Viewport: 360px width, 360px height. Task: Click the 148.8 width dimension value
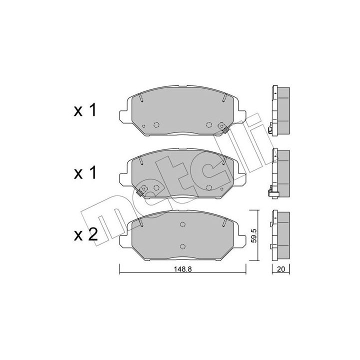coord(183,269)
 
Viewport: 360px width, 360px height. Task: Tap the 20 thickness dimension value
coord(281,269)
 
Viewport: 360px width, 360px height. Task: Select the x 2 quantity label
coord(85,234)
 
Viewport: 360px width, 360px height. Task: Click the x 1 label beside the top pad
coord(84,110)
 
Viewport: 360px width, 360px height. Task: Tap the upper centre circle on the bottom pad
coord(182,224)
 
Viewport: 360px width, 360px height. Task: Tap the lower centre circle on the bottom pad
coord(182,246)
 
